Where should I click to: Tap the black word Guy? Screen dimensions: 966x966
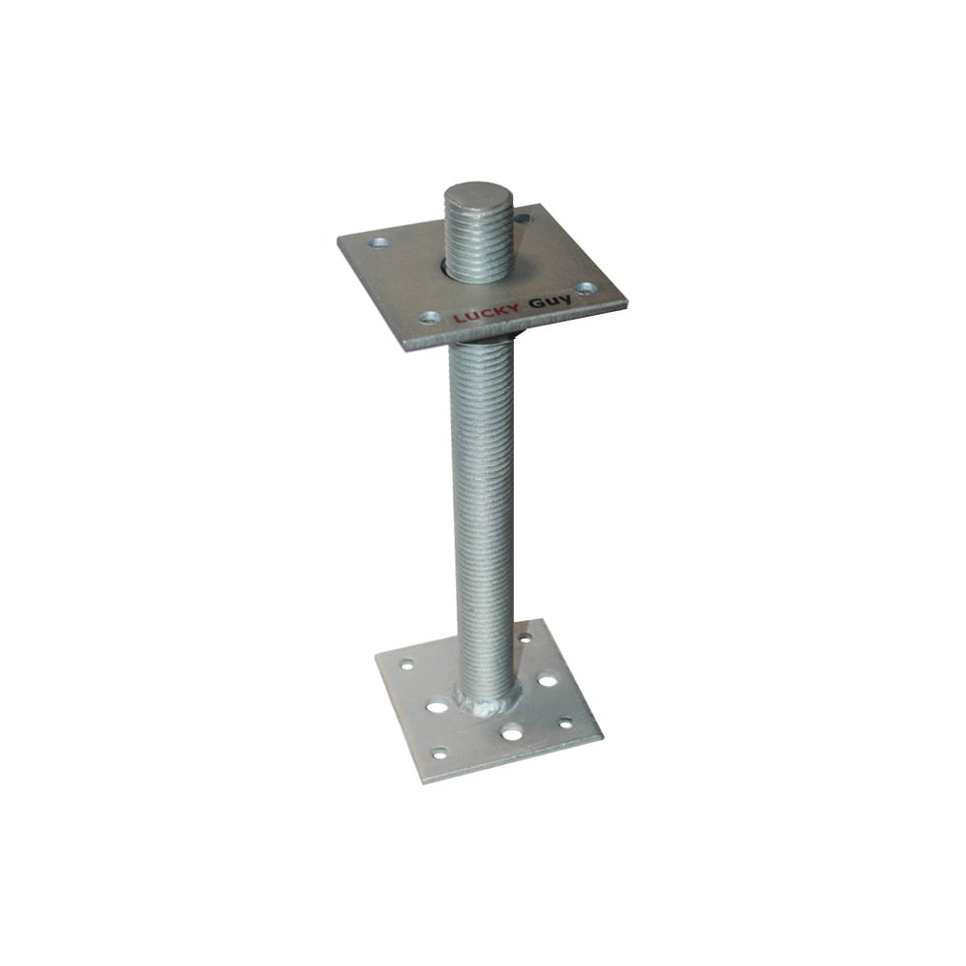[550, 302]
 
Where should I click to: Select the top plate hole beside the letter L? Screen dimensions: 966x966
[430, 318]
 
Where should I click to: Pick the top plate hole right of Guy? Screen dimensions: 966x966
[586, 288]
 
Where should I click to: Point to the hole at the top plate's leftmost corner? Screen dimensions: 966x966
[379, 242]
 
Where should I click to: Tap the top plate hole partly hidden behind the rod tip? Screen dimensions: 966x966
[522, 218]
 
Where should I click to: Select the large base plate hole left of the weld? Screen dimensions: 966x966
[438, 706]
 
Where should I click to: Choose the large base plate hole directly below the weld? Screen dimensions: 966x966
[511, 734]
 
